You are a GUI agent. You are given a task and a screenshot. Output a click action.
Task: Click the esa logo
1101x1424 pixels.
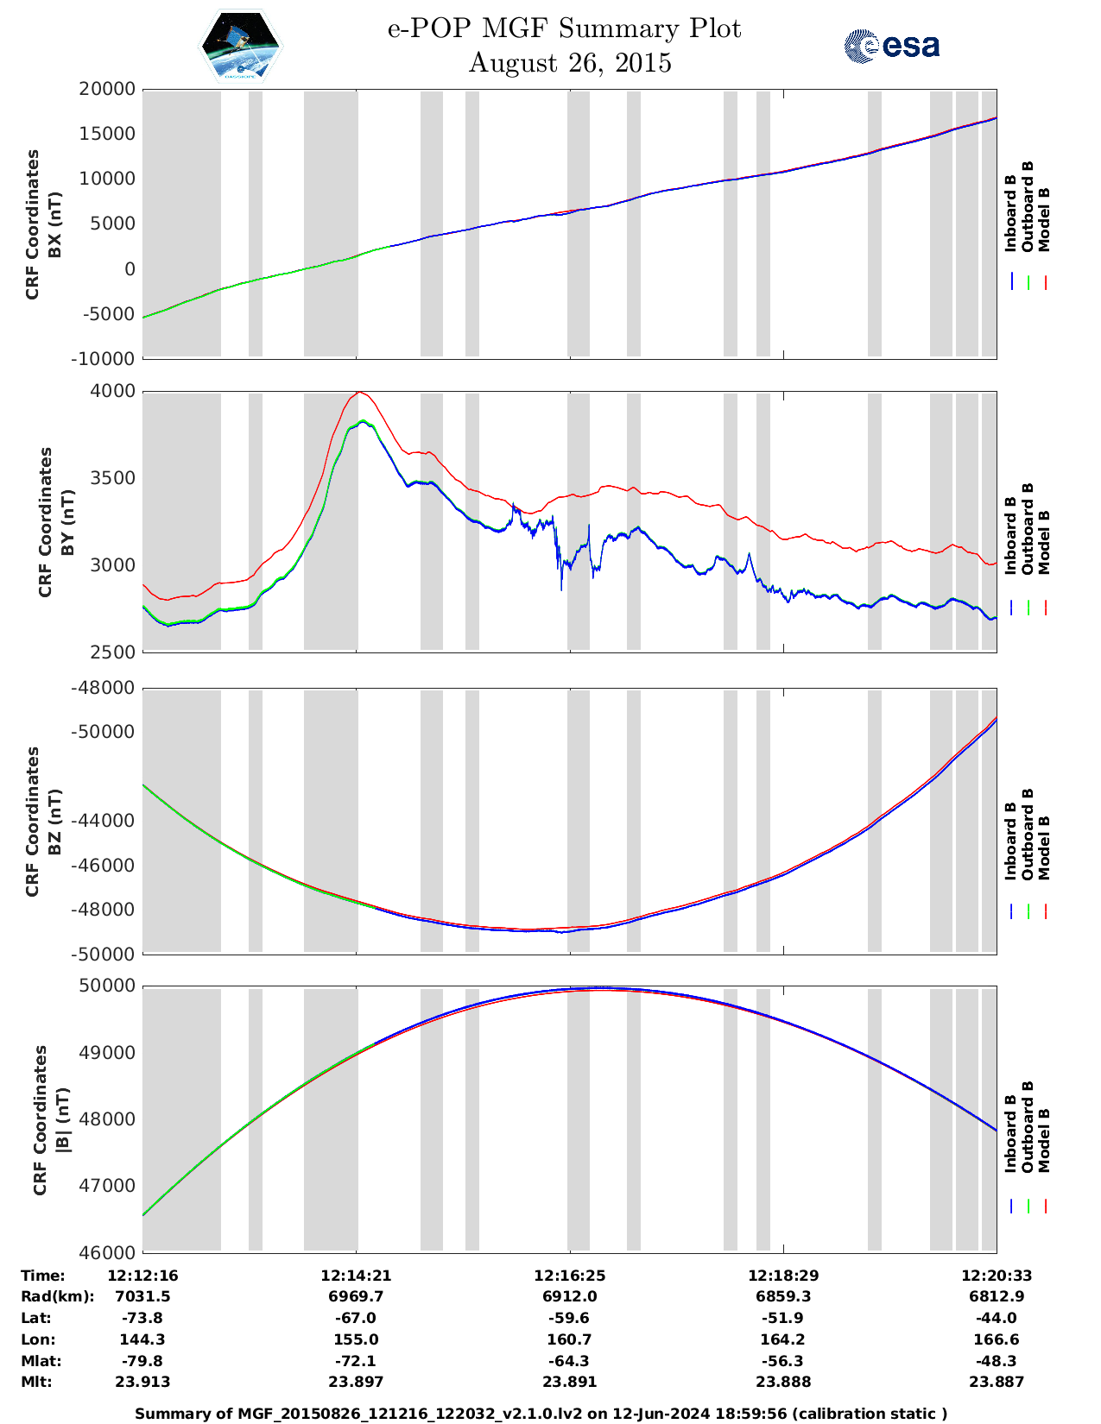892,46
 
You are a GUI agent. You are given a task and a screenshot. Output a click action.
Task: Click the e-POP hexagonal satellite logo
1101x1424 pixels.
241,47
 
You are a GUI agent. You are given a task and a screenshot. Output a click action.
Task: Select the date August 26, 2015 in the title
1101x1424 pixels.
570,63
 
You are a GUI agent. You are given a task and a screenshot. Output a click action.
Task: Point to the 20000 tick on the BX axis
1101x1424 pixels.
108,89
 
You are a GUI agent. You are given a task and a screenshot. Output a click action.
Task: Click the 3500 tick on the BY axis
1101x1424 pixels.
114,478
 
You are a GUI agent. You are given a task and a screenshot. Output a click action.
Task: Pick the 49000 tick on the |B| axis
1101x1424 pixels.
108,1053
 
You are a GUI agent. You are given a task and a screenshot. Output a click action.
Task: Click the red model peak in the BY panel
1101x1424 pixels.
360,393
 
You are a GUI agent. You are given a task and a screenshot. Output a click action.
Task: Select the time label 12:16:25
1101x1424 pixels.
569,1276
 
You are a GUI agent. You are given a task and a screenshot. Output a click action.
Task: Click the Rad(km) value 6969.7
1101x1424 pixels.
356,1296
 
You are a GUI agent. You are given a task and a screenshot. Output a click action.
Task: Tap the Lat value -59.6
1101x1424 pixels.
569,1318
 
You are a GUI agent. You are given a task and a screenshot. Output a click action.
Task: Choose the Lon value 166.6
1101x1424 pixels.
997,1339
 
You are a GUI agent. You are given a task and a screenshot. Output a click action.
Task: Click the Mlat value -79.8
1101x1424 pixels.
142,1361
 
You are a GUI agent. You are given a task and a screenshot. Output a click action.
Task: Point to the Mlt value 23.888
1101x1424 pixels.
783,1382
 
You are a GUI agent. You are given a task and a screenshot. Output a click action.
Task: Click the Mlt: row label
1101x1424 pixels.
36,1382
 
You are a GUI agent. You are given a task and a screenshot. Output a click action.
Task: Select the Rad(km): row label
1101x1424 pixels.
57,1296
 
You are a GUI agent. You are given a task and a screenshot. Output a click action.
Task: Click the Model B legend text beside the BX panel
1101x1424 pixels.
1044,219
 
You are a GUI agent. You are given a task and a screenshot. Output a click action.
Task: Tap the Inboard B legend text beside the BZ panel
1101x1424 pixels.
1010,841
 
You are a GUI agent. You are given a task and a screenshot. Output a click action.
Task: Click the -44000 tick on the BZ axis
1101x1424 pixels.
108,821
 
